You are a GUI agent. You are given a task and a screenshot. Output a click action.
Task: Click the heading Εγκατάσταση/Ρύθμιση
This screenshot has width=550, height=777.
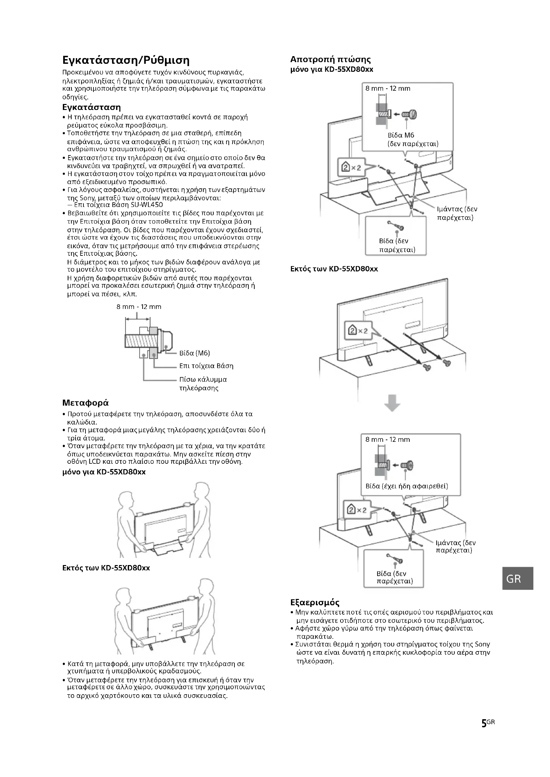pyautogui.click(x=126, y=61)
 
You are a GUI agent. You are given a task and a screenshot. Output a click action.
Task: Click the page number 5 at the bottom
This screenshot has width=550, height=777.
pyautogui.click(x=484, y=733)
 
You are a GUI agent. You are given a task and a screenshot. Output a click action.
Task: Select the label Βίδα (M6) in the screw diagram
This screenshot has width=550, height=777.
pyautogui.click(x=195, y=353)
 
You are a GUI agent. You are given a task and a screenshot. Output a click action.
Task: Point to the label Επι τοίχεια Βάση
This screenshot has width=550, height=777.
pyautogui.click(x=206, y=366)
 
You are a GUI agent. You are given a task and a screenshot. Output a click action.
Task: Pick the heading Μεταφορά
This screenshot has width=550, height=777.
pyautogui.click(x=85, y=403)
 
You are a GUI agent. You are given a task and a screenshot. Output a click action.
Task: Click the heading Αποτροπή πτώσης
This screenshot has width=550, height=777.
pyautogui.click(x=330, y=59)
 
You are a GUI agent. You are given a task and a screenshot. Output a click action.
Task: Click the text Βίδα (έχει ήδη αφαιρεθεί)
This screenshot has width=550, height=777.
pyautogui.click(x=406, y=486)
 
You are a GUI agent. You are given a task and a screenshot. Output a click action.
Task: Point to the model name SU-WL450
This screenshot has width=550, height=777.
pyautogui.click(x=146, y=205)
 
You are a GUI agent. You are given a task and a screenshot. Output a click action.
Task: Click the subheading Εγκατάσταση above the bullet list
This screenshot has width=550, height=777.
pyautogui.click(x=91, y=108)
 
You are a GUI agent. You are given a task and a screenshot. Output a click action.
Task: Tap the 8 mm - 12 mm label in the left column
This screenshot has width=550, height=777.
pyautogui.click(x=139, y=307)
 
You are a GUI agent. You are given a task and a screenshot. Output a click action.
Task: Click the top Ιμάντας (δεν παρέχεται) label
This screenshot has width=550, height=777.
pyautogui.click(x=456, y=213)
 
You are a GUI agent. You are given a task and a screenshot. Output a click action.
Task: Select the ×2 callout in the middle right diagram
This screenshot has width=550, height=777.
pyautogui.click(x=356, y=331)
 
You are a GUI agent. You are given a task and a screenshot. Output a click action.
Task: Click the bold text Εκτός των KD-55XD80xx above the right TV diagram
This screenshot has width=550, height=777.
pyautogui.click(x=334, y=269)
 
